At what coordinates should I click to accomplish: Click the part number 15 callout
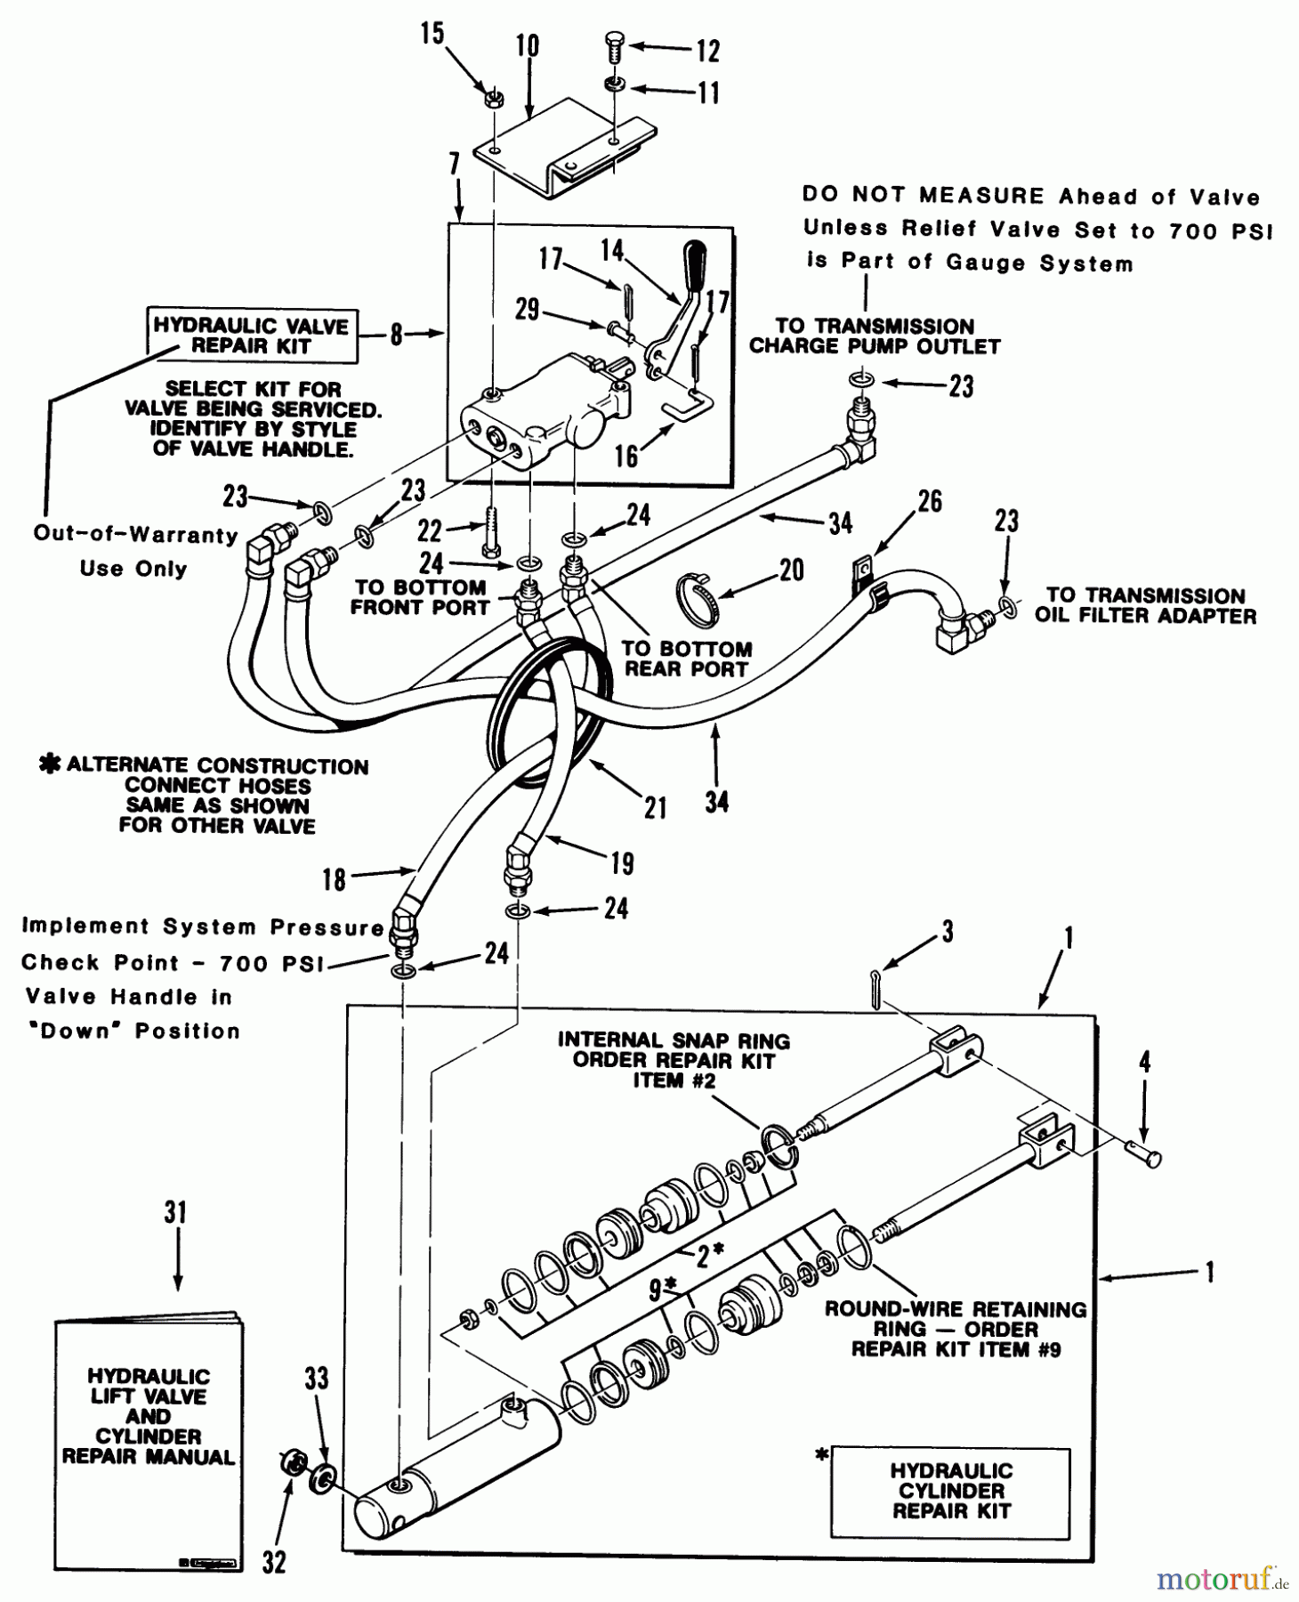click(432, 35)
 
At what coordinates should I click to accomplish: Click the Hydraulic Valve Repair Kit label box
click(252, 336)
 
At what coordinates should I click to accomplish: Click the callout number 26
click(930, 501)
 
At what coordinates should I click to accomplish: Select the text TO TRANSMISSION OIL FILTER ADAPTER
click(1146, 605)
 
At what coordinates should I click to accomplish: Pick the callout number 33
click(317, 1379)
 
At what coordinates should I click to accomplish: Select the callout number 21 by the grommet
click(656, 807)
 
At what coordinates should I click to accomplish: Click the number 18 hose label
click(334, 880)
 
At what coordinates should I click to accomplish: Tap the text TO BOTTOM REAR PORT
click(686, 659)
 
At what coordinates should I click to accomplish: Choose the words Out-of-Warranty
click(135, 534)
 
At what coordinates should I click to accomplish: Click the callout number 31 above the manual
click(175, 1212)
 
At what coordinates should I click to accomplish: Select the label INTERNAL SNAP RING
click(674, 1040)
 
